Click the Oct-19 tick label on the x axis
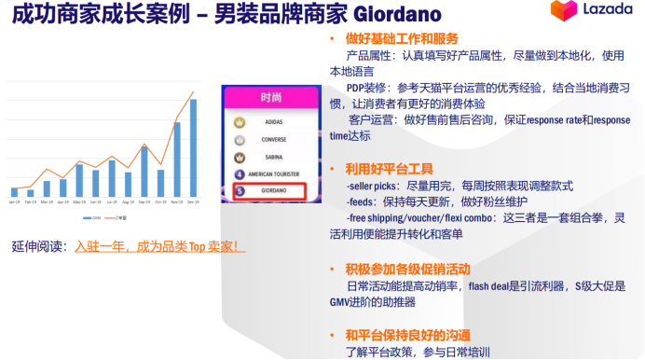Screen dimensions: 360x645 point(160,201)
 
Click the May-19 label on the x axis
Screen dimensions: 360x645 point(79,201)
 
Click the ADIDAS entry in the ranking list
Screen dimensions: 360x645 point(274,122)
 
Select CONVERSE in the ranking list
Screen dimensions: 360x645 point(274,139)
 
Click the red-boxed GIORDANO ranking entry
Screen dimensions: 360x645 point(274,191)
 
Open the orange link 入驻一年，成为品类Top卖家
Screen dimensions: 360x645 point(159,246)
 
